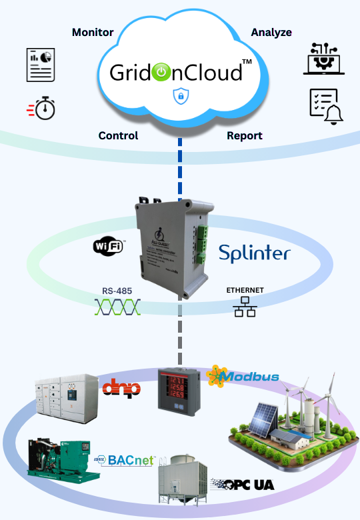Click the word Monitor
93,32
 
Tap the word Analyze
271,32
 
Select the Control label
118,135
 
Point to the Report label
244,135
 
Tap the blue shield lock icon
179,97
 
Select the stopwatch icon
41,107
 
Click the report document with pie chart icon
41,65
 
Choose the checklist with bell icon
325,105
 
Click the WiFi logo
109,246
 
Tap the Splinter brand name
255,253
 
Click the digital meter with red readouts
181,399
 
